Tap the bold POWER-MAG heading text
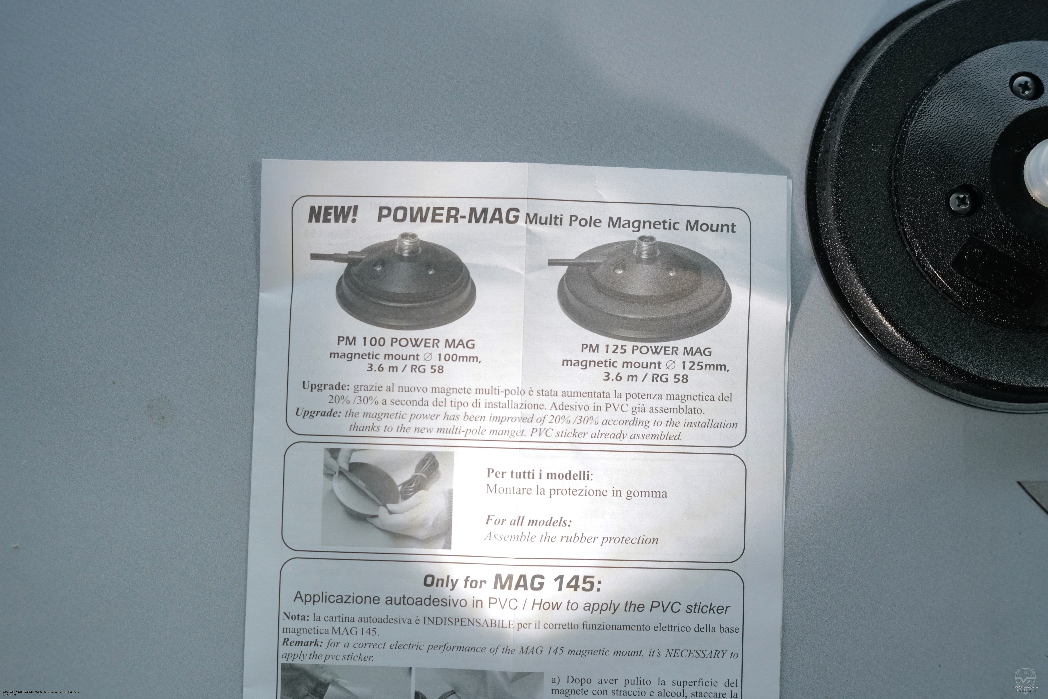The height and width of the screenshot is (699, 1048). tap(448, 215)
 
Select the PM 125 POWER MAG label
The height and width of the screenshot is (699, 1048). tap(646, 350)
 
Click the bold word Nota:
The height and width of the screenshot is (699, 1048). tap(296, 617)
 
